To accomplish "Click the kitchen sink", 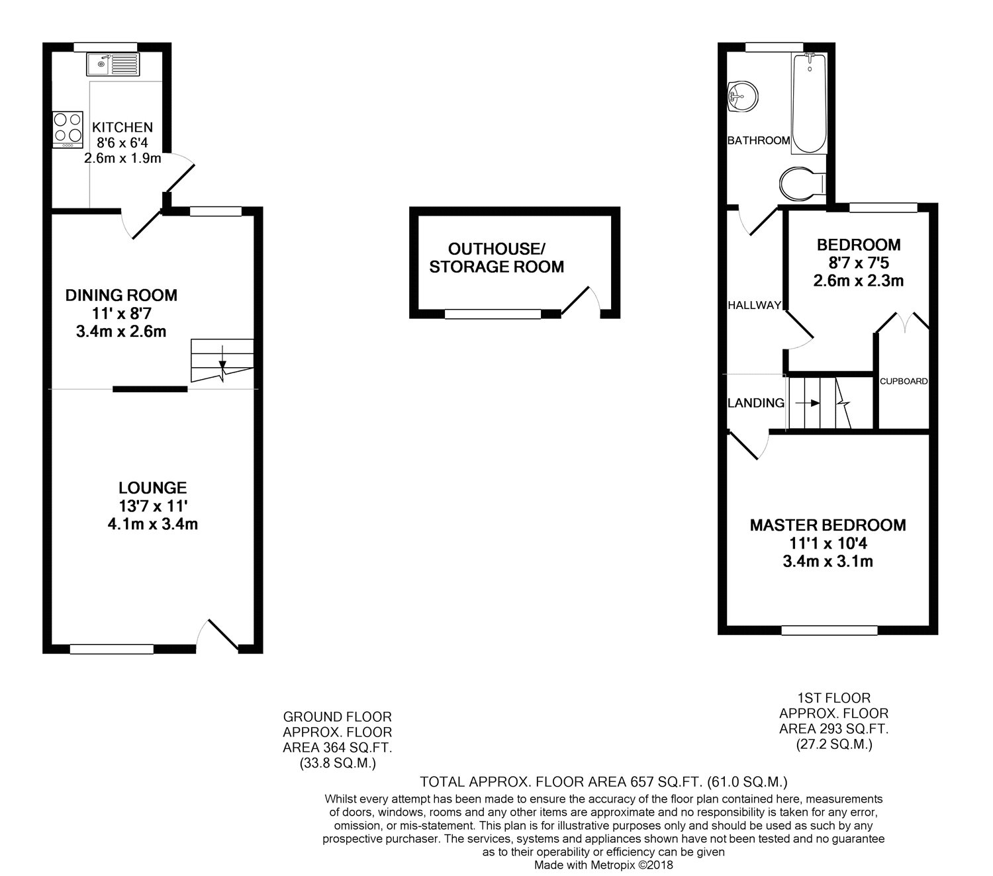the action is (x=113, y=65).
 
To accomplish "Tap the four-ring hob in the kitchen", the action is (x=68, y=130).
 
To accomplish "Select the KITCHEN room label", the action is (x=122, y=128).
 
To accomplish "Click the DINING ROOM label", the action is (x=122, y=295).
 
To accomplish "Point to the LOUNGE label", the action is (x=152, y=488).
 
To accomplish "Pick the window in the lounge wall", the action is (x=112, y=649).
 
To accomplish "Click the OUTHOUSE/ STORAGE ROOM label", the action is (x=496, y=257).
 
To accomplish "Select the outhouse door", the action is (x=581, y=300).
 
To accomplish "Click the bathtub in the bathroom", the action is (x=809, y=103).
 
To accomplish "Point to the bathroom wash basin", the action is (x=743, y=96).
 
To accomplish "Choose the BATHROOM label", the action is (x=759, y=141).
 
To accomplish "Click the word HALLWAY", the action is (x=754, y=305).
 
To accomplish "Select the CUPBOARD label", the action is (x=904, y=381).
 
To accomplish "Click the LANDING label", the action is (x=756, y=403).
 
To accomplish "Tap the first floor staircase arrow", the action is (x=807, y=403).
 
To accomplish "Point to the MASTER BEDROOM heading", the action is (x=827, y=525).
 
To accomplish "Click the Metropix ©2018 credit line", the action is (x=603, y=865).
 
